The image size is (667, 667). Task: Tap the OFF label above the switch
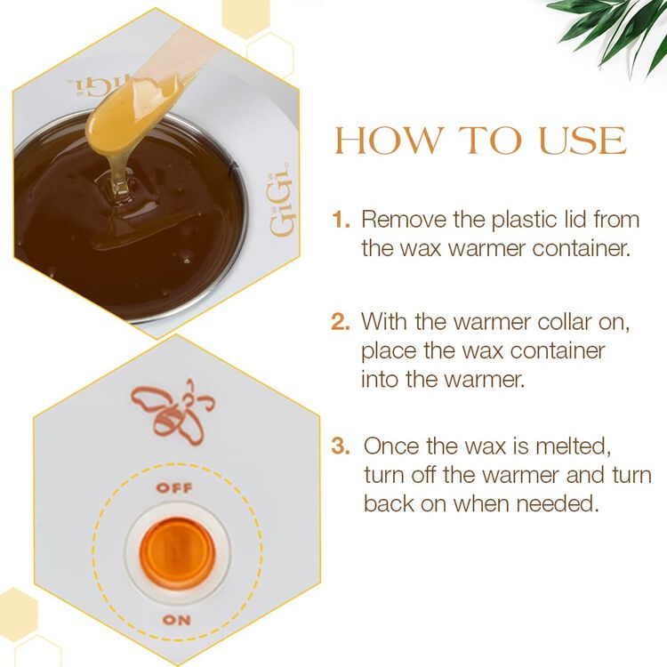(x=174, y=488)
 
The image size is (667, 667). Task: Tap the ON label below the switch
(x=177, y=620)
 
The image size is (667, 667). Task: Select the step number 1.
(x=338, y=220)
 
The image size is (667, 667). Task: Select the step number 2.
(x=339, y=322)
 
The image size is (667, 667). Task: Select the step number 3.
(x=340, y=446)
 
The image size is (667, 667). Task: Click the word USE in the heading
(x=581, y=141)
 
